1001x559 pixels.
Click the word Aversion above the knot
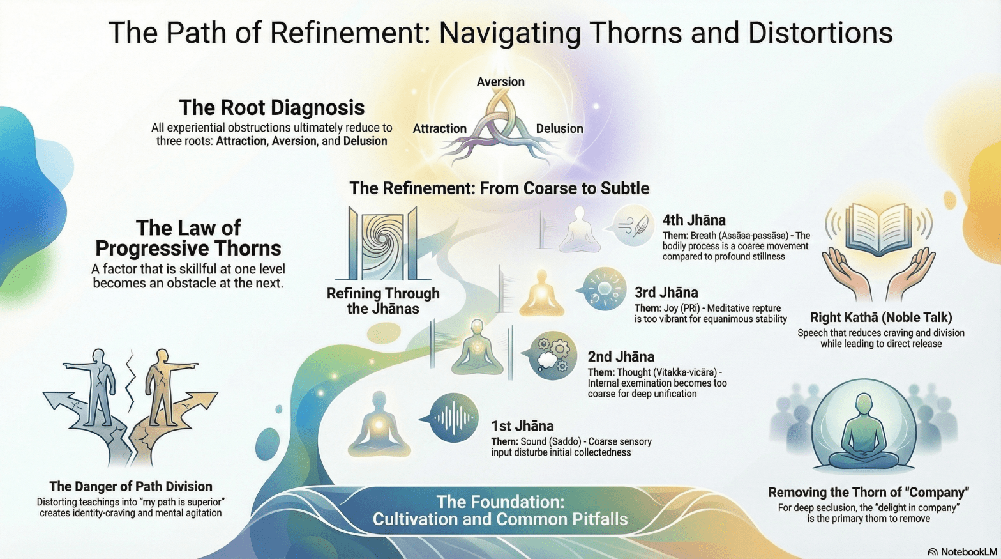coord(500,82)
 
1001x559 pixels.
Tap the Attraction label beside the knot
coord(439,128)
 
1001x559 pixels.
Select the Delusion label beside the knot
coord(559,128)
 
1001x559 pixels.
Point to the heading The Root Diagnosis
coord(271,107)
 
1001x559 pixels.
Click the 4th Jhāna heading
coord(694,220)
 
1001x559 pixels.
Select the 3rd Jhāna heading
coord(666,293)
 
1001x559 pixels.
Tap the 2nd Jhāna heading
coord(621,356)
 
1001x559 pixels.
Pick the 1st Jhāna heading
coord(522,426)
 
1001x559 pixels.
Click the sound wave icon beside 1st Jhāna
coord(454,418)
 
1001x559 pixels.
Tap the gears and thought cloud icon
coord(552,355)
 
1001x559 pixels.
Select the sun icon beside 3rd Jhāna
coord(604,289)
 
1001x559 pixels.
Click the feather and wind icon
coord(633,226)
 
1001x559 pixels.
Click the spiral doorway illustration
coord(383,244)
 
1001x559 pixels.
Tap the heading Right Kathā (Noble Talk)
coord(881,318)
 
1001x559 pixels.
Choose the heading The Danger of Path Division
coord(131,486)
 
